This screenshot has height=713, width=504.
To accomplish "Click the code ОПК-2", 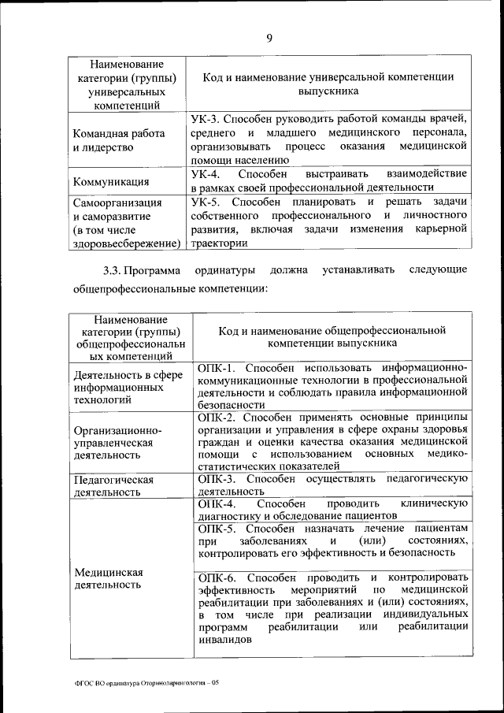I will (214, 416).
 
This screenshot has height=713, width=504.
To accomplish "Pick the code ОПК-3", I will (214, 478).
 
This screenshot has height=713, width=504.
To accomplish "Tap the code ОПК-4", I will (214, 503).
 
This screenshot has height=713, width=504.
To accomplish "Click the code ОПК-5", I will (214, 527).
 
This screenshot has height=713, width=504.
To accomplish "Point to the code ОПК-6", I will (214, 577).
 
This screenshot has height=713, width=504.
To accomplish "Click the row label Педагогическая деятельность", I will (113, 485).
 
